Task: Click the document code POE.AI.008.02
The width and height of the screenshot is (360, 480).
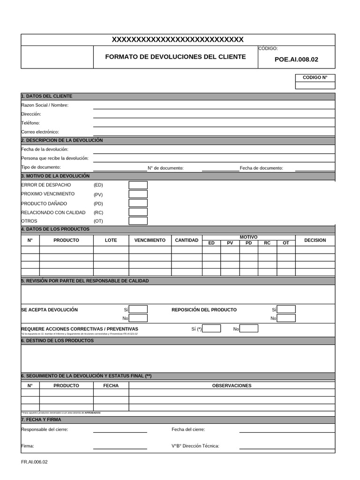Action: click(x=296, y=60)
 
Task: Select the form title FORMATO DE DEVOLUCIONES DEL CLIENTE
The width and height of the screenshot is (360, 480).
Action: click(x=175, y=57)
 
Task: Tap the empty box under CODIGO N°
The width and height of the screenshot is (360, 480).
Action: click(x=315, y=85)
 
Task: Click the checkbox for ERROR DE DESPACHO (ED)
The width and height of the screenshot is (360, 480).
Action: click(x=138, y=185)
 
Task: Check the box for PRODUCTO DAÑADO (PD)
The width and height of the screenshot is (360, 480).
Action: click(x=138, y=203)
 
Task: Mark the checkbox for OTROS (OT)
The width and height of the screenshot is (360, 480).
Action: click(x=138, y=221)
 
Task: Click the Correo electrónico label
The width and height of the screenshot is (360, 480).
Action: click(x=40, y=132)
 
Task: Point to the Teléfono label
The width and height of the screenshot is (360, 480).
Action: click(x=30, y=123)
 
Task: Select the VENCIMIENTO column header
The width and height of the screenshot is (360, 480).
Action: click(x=150, y=240)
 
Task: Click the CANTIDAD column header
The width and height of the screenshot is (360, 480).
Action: click(x=187, y=240)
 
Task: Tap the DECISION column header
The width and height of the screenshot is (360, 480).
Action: click(x=315, y=240)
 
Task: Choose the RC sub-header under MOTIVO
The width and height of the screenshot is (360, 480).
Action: click(x=267, y=243)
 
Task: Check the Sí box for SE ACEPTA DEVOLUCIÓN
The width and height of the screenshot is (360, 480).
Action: click(x=138, y=309)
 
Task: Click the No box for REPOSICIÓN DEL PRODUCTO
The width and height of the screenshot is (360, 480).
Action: click(x=286, y=318)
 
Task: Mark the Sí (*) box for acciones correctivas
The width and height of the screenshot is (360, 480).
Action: click(x=211, y=329)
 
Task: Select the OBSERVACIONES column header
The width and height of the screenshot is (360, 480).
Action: click(x=232, y=385)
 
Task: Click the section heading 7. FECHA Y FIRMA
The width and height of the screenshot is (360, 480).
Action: click(x=41, y=420)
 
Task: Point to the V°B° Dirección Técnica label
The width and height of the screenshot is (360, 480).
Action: click(x=195, y=446)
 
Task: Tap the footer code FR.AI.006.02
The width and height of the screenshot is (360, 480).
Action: click(x=34, y=462)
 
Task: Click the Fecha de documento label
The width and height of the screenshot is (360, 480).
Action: click(x=261, y=168)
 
